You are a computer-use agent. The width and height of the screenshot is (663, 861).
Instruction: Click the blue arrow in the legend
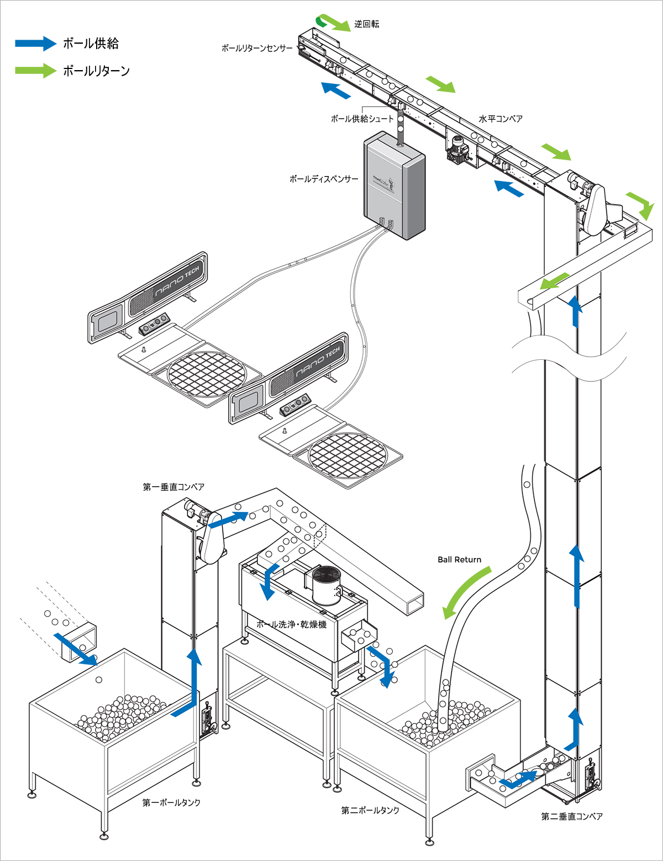point(35,44)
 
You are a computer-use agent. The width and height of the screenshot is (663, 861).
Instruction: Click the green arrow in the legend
point(35,71)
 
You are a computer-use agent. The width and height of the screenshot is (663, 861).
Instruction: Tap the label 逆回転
point(367,24)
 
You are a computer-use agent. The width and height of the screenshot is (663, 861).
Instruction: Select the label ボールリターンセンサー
point(257,49)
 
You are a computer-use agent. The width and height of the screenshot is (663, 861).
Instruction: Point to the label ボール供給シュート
point(362,119)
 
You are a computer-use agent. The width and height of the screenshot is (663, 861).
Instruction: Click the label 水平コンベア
point(501,119)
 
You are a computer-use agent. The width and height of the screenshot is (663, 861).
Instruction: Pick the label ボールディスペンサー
point(324,179)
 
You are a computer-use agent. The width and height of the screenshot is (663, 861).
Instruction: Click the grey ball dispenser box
point(394,185)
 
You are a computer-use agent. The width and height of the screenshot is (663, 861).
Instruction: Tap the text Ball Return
point(459,560)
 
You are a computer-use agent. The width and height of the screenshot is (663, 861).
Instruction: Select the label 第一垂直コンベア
point(173,487)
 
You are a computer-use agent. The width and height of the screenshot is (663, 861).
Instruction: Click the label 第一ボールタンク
point(171,802)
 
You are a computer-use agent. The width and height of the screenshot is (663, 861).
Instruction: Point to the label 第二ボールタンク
point(370,810)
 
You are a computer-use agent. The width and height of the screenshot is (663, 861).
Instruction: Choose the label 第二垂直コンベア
point(572,816)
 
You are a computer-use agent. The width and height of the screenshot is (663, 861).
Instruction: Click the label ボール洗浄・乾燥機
point(292,624)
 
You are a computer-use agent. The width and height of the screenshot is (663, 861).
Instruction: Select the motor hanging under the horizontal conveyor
point(459,148)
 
